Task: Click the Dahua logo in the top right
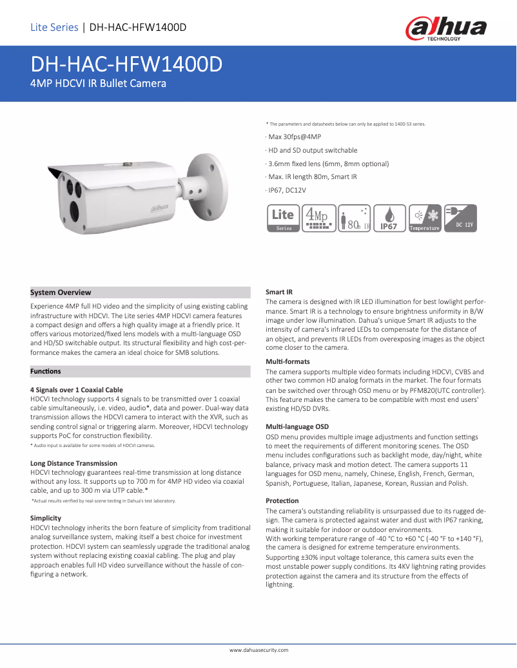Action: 445,28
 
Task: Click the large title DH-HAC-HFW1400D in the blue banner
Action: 126,64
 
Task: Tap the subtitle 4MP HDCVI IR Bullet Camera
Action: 99,84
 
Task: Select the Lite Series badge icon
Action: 283,218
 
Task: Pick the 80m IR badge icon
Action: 354,218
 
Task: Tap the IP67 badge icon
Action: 389,218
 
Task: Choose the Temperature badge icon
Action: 425,218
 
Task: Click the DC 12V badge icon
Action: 460,218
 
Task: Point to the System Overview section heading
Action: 61,292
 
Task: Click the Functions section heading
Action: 46,371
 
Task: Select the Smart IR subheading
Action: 279,292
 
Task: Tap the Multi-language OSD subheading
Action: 297,426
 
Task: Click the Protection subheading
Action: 282,501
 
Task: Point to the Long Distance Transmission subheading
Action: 74,463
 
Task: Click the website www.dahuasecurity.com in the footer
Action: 259,650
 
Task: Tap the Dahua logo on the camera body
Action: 164,207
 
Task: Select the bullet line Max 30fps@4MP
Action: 294,137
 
